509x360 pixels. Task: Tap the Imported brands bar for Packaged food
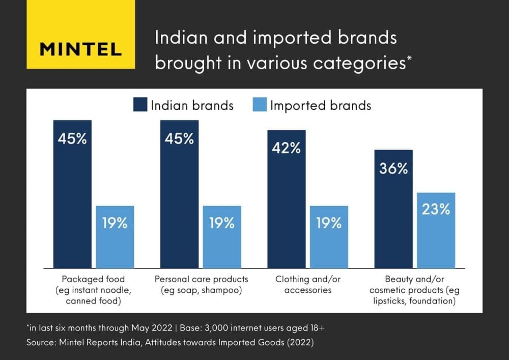[x=115, y=237]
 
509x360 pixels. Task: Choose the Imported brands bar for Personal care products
[x=222, y=237]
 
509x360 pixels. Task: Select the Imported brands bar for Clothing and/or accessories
[x=329, y=237]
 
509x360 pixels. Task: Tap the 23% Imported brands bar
[x=436, y=230]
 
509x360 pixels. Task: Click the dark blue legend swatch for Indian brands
[x=140, y=105]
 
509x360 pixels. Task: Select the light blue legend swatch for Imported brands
[x=260, y=105]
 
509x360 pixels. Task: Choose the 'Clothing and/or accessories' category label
[x=307, y=285]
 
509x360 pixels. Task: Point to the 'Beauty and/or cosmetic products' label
[x=414, y=290]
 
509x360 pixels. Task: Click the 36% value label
[x=393, y=169]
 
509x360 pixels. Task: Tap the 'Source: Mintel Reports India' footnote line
[x=170, y=343]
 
